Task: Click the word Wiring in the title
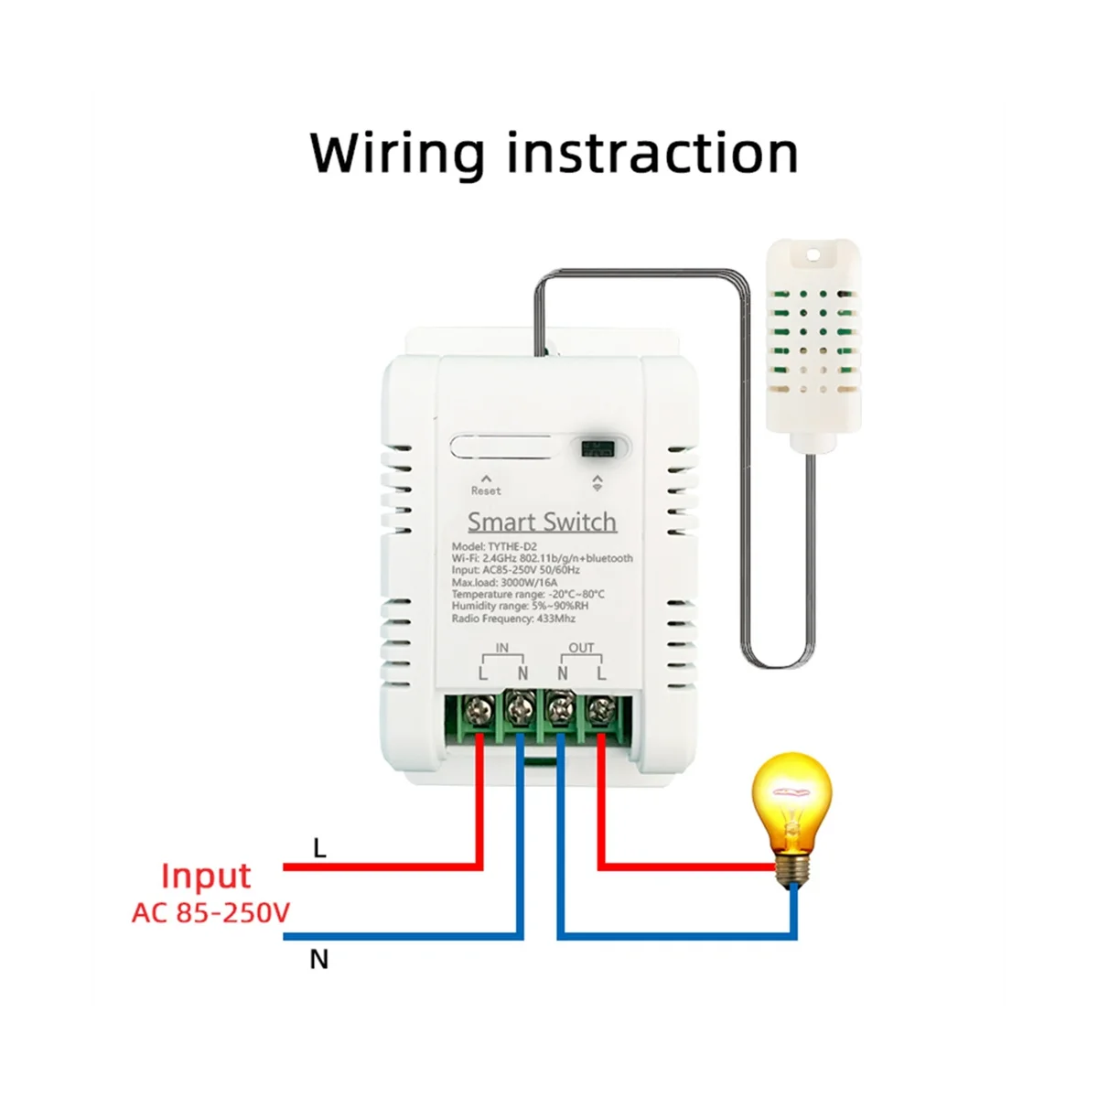tap(396, 154)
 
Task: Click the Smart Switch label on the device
tap(542, 522)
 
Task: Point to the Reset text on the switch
tap(486, 490)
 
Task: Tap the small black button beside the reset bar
tap(596, 448)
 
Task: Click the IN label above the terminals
tap(502, 648)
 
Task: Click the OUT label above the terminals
tap(581, 648)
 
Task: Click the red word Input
tap(205, 877)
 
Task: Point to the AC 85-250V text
tap(210, 912)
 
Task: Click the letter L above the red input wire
tap(319, 848)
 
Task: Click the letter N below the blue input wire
tap(318, 960)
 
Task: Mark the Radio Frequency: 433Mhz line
tap(520, 619)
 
